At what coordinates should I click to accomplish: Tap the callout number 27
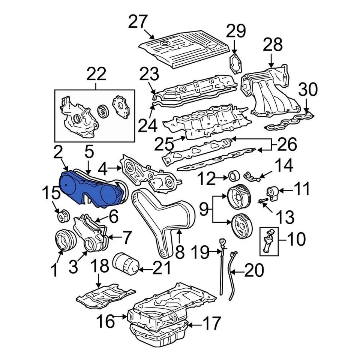[139, 22]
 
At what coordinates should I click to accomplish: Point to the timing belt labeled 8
[165, 221]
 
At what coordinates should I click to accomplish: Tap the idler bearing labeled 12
[234, 176]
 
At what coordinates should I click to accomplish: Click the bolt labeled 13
[262, 202]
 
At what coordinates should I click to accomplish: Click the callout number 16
[105, 321]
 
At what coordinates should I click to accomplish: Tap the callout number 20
[255, 270]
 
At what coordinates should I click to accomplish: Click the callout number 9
[202, 209]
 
